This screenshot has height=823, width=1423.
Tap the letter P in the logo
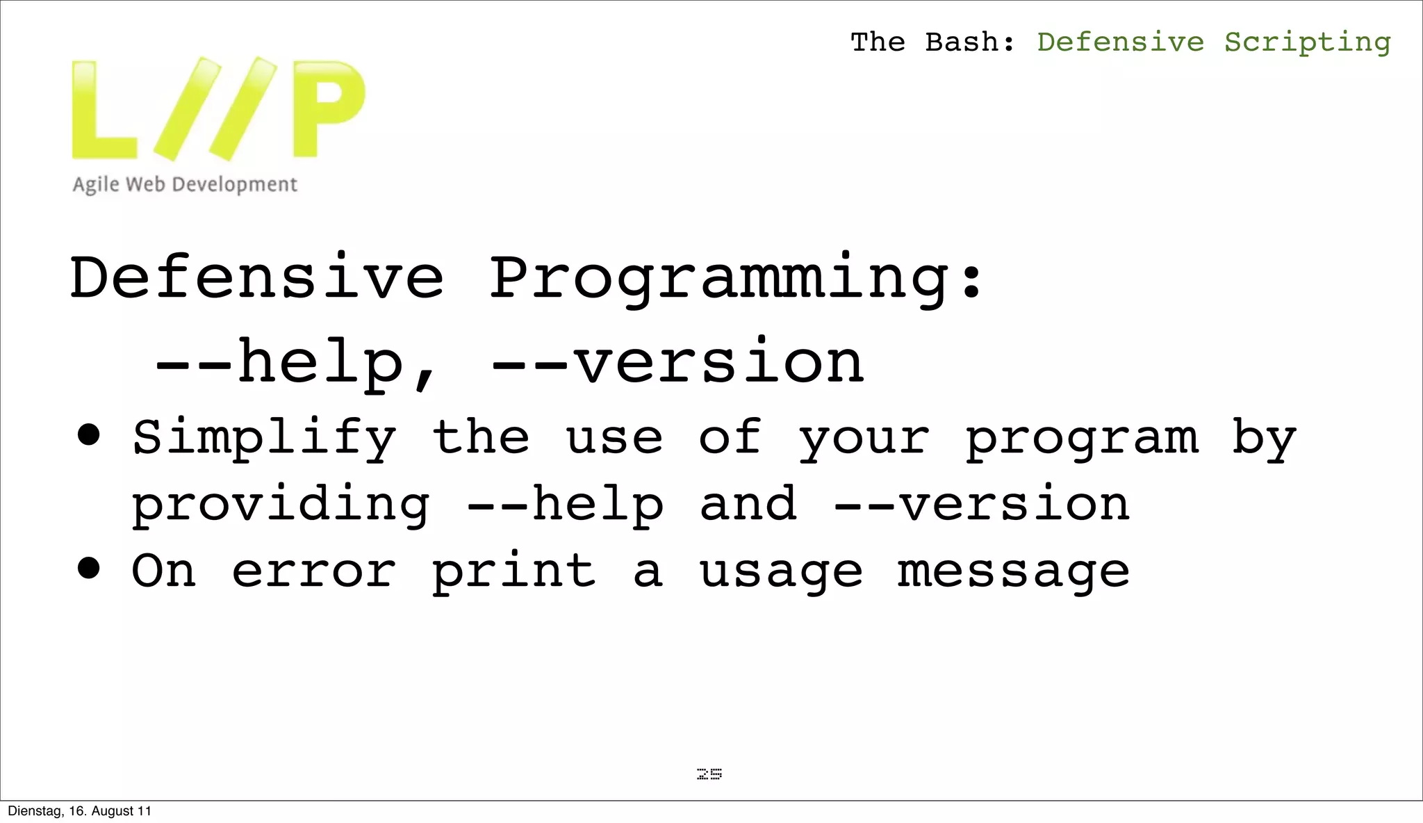tap(328, 108)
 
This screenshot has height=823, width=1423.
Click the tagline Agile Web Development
tap(185, 185)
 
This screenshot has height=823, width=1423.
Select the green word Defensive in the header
tap(1120, 42)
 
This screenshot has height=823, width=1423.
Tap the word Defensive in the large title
tap(256, 278)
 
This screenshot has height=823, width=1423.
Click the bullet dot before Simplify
tap(89, 436)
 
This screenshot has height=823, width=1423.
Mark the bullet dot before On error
tap(89, 569)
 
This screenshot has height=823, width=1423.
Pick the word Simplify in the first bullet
tap(264, 439)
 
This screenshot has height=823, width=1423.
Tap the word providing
tap(281, 505)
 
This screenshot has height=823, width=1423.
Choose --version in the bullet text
tap(981, 504)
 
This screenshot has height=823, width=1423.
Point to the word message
tap(1013, 571)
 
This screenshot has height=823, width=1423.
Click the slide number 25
tap(709, 774)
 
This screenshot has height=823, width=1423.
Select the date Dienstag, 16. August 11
tap(79, 811)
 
